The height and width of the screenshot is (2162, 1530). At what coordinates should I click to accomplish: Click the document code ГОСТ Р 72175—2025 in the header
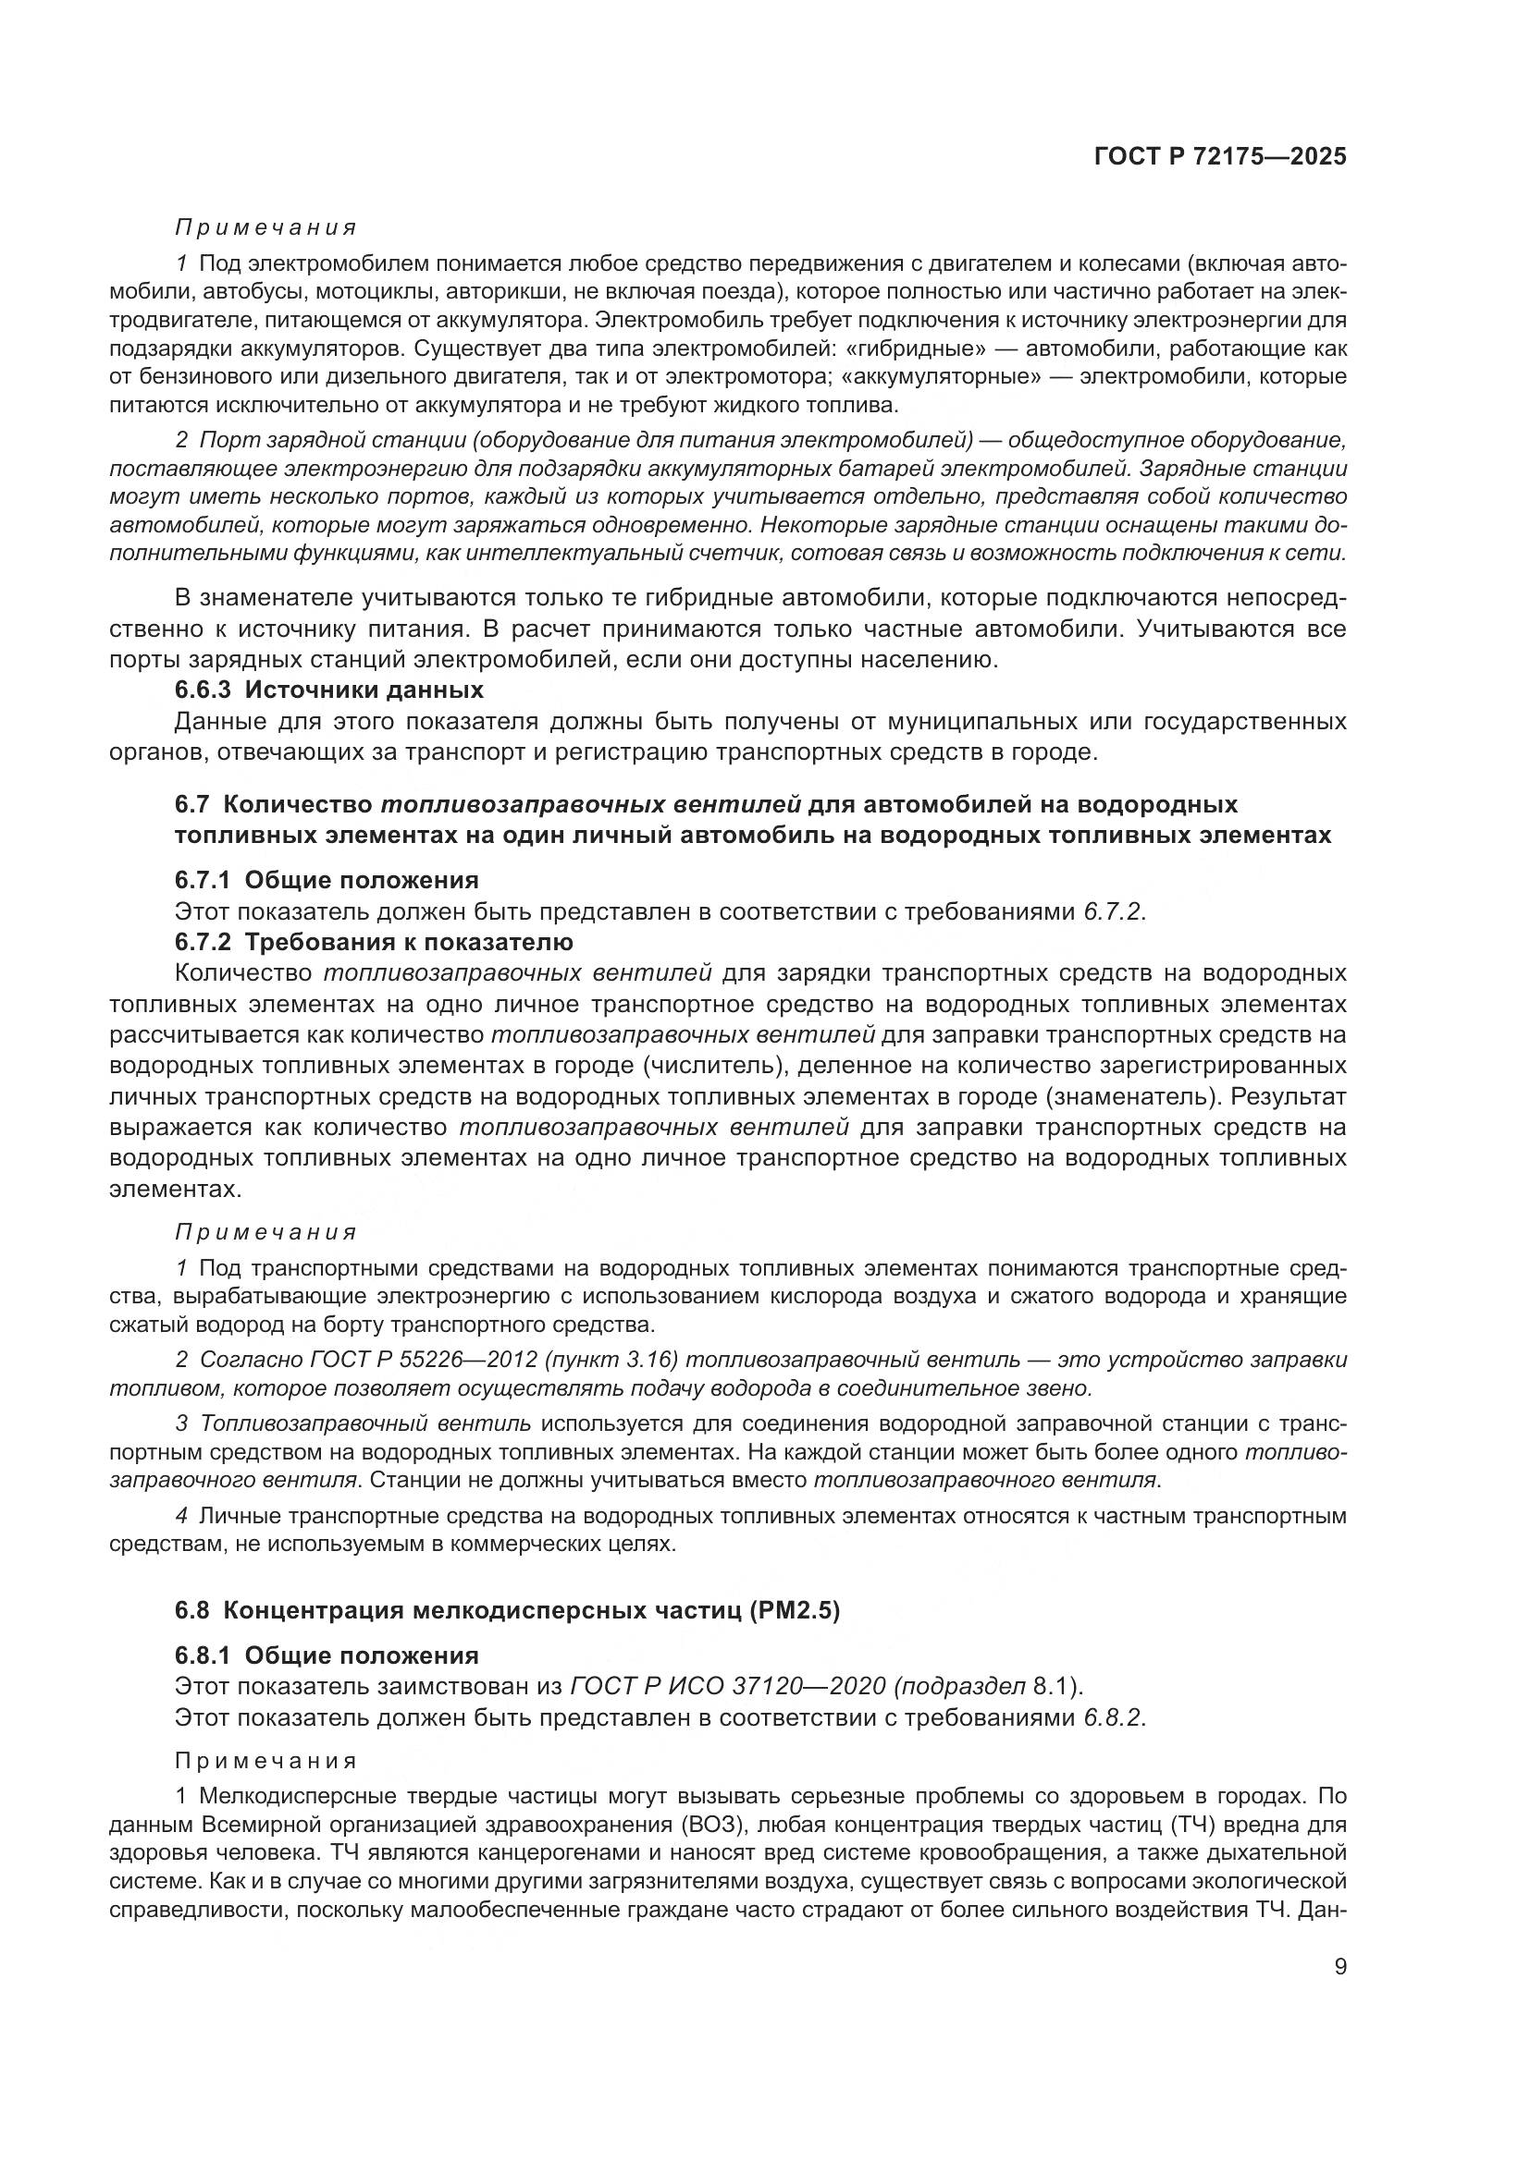click(1219, 156)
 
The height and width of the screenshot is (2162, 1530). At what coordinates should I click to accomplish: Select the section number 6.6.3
click(203, 690)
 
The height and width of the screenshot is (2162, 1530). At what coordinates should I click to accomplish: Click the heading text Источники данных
click(364, 690)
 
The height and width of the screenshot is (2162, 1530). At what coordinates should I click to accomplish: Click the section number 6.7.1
click(203, 881)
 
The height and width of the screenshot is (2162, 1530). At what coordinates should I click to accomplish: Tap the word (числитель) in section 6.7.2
click(717, 1066)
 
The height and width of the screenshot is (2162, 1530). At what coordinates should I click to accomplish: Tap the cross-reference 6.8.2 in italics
click(1111, 1717)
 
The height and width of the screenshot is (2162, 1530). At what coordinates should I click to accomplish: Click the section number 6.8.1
click(203, 1656)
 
